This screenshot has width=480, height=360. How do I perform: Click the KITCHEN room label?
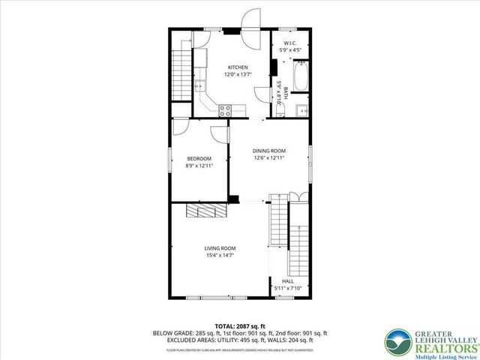point(238,67)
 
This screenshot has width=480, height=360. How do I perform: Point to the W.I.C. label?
point(289,43)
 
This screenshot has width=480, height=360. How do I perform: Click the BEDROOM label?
point(199,158)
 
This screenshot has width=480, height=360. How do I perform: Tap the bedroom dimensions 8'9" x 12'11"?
point(199,166)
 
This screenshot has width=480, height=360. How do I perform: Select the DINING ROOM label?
point(269,150)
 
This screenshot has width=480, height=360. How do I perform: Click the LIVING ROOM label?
point(220,248)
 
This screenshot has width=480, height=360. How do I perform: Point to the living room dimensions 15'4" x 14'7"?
point(220,256)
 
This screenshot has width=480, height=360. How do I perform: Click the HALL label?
point(288,281)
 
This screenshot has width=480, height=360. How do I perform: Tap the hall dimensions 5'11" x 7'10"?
point(288,288)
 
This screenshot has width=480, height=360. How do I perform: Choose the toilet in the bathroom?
point(279,111)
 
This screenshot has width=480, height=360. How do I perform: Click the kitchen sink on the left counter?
point(199,85)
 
